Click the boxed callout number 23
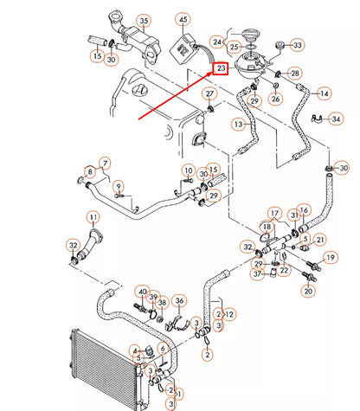click(221, 68)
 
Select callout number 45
click(183, 20)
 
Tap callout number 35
click(144, 21)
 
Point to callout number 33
click(297, 45)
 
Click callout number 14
click(325, 93)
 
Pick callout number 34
click(336, 119)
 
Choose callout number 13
click(239, 125)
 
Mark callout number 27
click(209, 93)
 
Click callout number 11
click(93, 217)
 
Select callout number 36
click(179, 300)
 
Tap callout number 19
click(331, 257)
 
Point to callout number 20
click(308, 291)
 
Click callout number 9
click(119, 187)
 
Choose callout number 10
click(189, 170)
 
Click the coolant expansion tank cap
click(248, 35)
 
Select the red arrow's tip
click(213, 72)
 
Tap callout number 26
click(275, 99)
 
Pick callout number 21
click(320, 240)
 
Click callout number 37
click(257, 273)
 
